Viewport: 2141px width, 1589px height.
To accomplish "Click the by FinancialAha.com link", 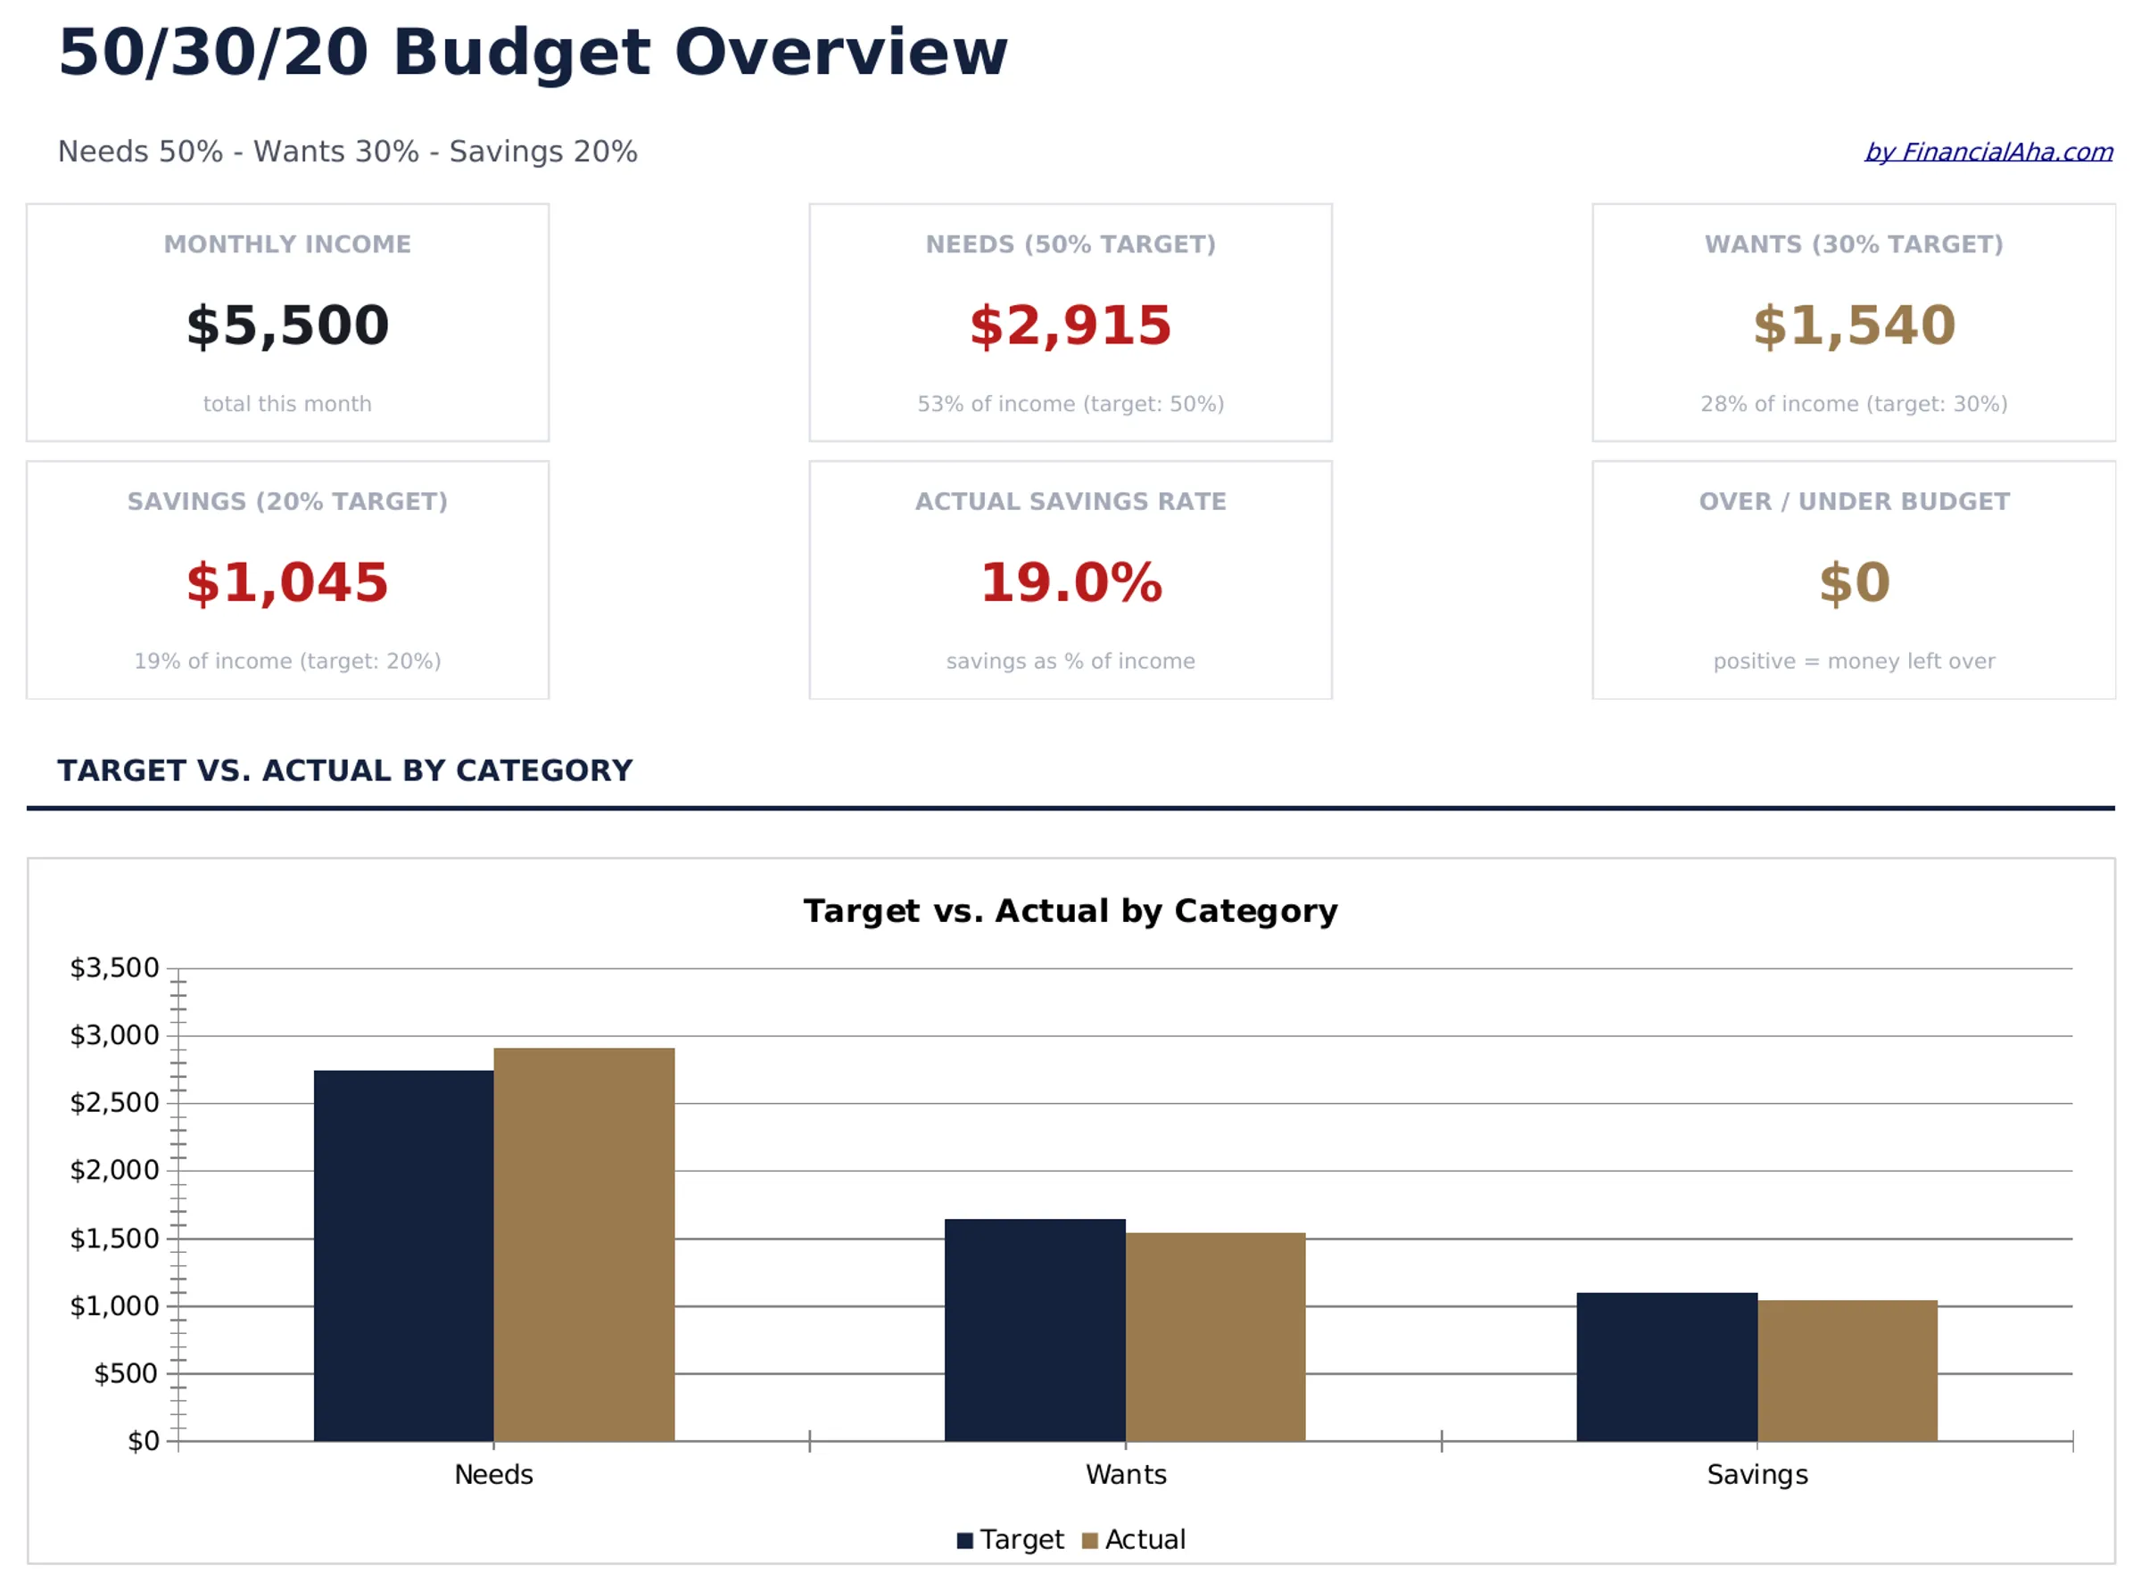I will [x=1988, y=152].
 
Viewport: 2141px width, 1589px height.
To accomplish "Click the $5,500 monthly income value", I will [x=288, y=325].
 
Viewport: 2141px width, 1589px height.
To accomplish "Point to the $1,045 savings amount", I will [x=288, y=583].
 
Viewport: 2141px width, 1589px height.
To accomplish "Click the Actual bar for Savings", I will [x=1847, y=1370].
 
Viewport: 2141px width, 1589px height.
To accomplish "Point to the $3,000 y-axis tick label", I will [x=114, y=1035].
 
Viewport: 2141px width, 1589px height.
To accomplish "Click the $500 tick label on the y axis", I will [x=125, y=1372].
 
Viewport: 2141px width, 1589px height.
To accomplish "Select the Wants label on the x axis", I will [x=1126, y=1474].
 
